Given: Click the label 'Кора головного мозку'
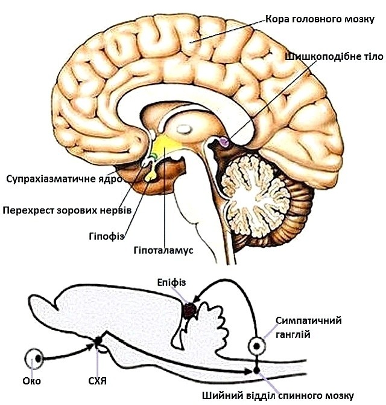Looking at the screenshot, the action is point(320,19).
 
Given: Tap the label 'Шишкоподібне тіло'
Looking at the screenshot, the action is point(335,56).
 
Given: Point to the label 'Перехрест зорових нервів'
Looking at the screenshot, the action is point(68,210).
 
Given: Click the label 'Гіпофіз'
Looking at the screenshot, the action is point(107,236).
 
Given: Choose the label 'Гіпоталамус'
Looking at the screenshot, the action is point(163,250).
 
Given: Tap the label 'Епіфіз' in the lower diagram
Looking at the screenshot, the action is point(171,282).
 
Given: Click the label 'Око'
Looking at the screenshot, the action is point(32,381).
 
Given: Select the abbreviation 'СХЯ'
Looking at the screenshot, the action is point(97,381).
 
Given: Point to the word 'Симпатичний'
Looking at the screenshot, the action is point(308,320).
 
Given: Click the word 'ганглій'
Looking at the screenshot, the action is point(293,335).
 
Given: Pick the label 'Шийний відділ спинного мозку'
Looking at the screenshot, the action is point(278,395).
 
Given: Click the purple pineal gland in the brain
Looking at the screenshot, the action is point(224,142).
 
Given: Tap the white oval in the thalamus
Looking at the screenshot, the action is point(185,128).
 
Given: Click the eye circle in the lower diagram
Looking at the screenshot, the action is point(34,358).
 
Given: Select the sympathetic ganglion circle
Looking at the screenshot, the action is point(256,346).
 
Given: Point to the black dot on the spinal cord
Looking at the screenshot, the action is point(256,371).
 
